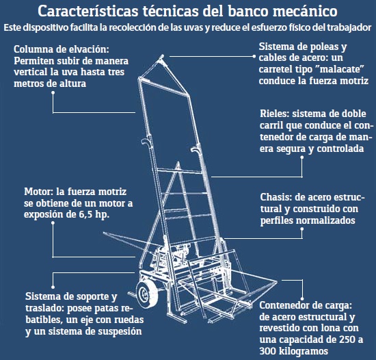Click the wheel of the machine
[146, 294]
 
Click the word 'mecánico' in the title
[305, 11]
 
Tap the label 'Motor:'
[40, 192]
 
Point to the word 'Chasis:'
[276, 197]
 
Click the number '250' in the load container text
[347, 339]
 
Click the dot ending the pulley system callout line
[254, 57]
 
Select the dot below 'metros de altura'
[53, 92]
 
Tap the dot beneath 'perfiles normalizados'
[302, 229]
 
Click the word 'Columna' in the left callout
[33, 49]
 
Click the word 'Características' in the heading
[88, 11]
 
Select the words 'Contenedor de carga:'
[306, 305]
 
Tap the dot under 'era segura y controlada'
[302, 157]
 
